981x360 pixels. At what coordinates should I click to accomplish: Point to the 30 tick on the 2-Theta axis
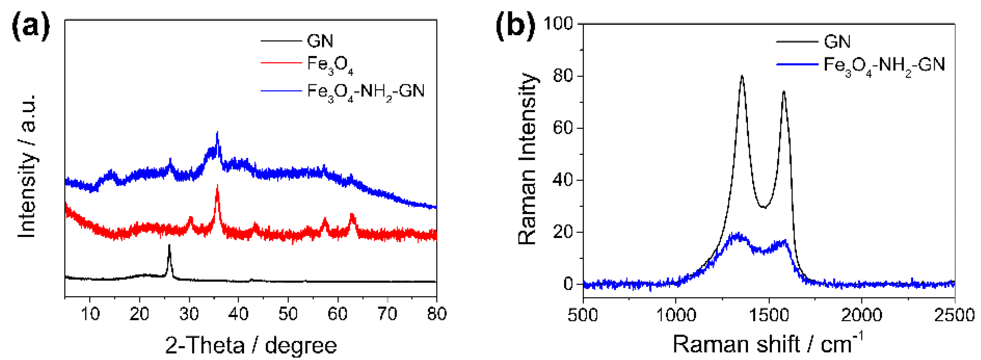pos(189,314)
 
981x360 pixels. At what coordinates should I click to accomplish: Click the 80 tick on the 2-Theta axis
pos(436,314)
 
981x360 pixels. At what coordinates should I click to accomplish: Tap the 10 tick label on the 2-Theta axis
pos(90,314)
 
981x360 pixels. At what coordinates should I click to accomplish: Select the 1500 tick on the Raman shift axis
pos(769,315)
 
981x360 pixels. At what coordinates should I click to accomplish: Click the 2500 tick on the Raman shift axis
pos(954,315)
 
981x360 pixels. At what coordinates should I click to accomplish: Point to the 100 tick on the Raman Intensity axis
pos(558,24)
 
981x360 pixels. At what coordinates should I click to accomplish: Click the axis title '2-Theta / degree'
pos(251,345)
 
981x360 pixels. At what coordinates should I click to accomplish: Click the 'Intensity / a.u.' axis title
pos(27,166)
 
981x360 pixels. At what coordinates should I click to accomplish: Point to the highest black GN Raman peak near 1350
pos(742,76)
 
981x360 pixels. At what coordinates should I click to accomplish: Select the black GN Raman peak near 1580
pos(783,92)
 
